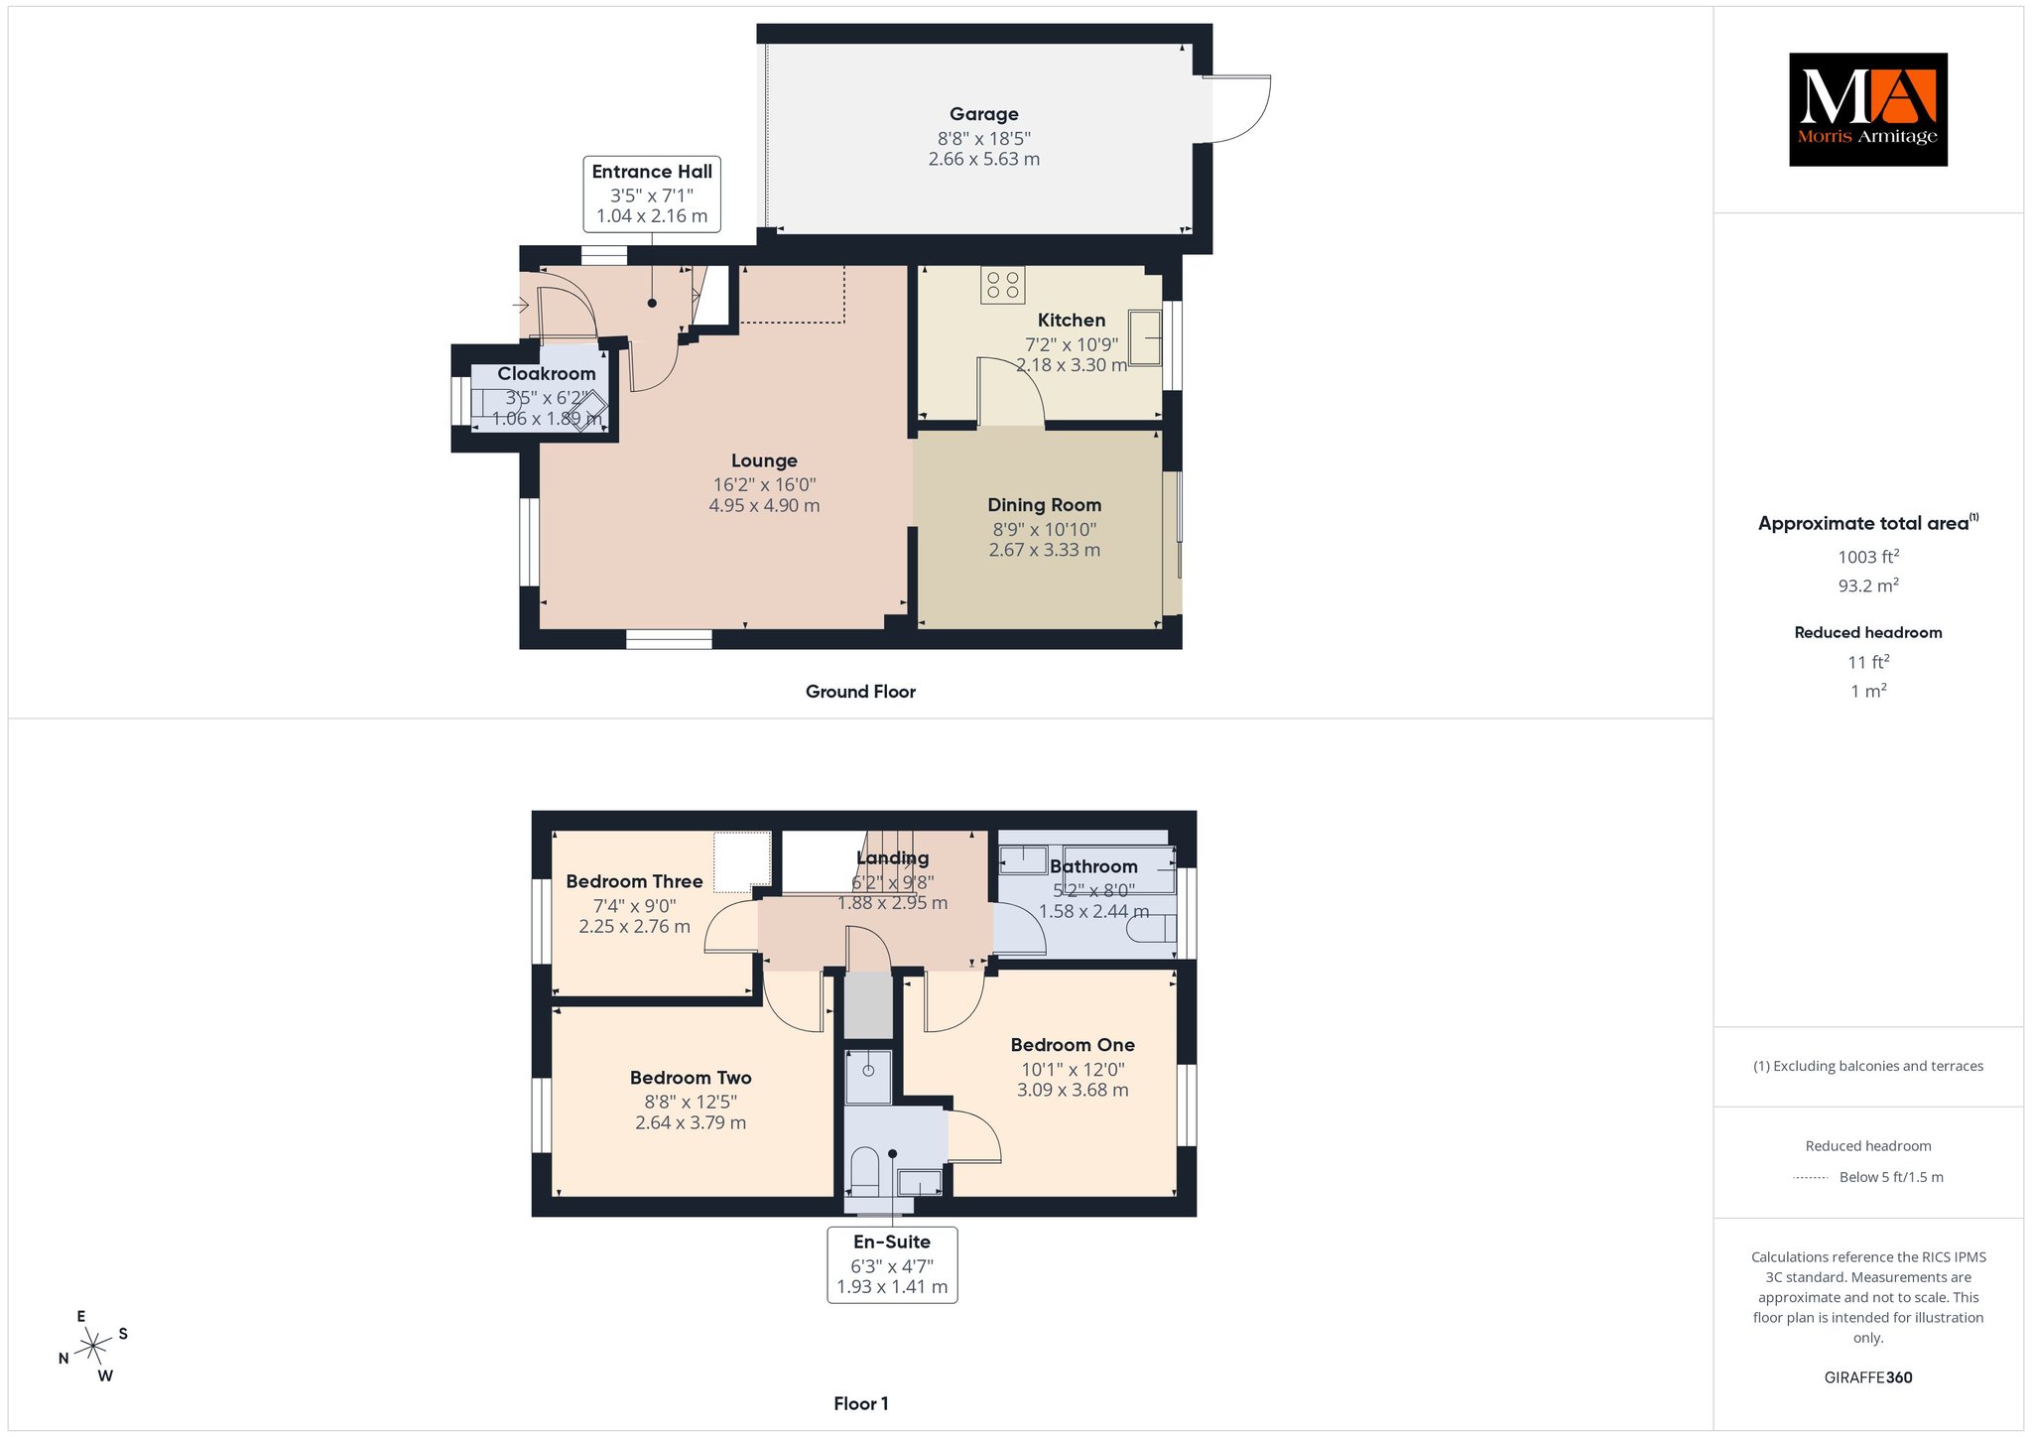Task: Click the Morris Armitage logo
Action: [x=1867, y=109]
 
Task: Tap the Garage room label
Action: [x=983, y=114]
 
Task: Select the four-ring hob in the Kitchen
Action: [x=1003, y=285]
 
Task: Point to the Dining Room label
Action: [x=1044, y=505]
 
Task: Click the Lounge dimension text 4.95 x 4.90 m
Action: [x=764, y=505]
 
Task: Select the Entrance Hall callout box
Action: [x=652, y=194]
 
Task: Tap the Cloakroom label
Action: [x=547, y=374]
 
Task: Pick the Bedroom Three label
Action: [x=634, y=881]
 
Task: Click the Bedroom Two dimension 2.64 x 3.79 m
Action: [x=691, y=1123]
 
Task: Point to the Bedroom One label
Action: [x=1073, y=1045]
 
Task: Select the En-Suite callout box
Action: [x=892, y=1265]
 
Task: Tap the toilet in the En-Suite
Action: [x=865, y=1172]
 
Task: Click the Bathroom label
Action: [x=1093, y=866]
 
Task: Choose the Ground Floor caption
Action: [x=860, y=692]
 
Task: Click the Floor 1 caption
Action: [x=861, y=1403]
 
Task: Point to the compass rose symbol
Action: [x=93, y=1346]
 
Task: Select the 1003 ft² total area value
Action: [x=1868, y=557]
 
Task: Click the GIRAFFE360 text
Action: [x=1868, y=1377]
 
